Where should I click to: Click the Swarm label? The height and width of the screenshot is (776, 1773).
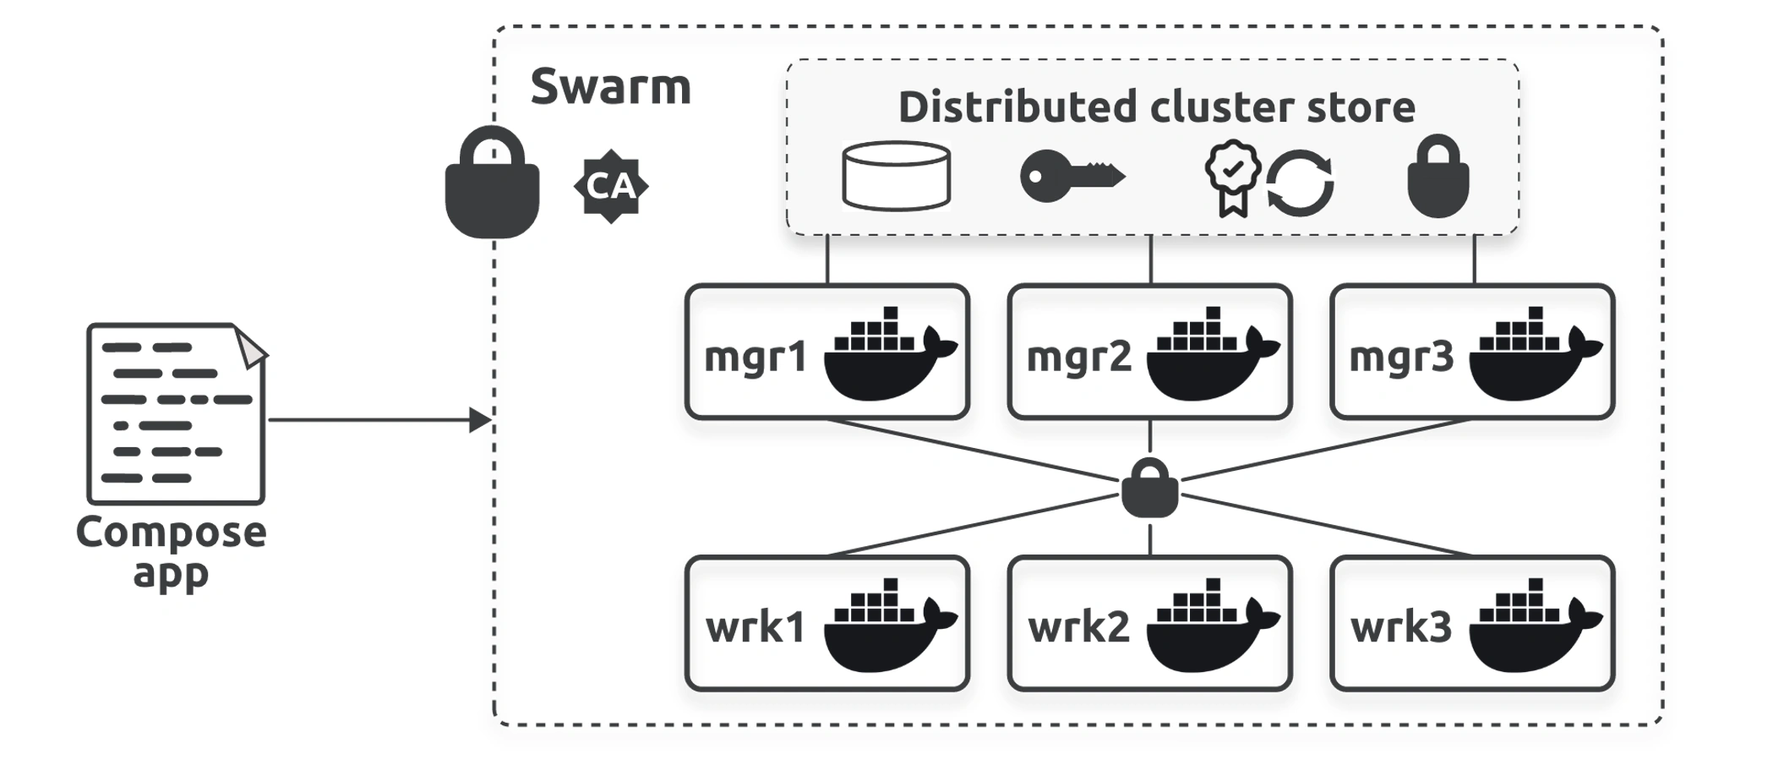point(610,87)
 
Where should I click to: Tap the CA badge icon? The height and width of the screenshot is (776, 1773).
point(611,186)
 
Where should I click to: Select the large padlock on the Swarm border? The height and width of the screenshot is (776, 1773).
point(492,183)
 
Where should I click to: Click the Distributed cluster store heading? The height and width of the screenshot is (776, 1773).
point(1156,107)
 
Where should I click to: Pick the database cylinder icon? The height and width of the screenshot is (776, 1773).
point(897,176)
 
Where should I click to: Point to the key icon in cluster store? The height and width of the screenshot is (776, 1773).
point(1072,176)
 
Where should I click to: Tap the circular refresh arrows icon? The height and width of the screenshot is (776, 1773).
point(1300,183)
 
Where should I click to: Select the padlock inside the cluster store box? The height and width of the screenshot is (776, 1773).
point(1438,176)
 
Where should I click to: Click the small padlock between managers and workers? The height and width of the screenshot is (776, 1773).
point(1150,488)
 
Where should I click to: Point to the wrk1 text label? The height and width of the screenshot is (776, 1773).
point(756,627)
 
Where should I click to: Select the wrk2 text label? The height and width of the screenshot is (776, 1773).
point(1079,627)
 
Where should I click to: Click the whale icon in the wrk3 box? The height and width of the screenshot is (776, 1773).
point(1536,626)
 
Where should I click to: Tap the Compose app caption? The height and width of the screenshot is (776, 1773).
point(172,552)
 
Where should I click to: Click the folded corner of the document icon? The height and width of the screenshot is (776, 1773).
point(251,347)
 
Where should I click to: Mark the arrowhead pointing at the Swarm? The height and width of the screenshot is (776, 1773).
point(480,420)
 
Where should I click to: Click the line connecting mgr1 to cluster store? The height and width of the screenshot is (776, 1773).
point(827,260)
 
